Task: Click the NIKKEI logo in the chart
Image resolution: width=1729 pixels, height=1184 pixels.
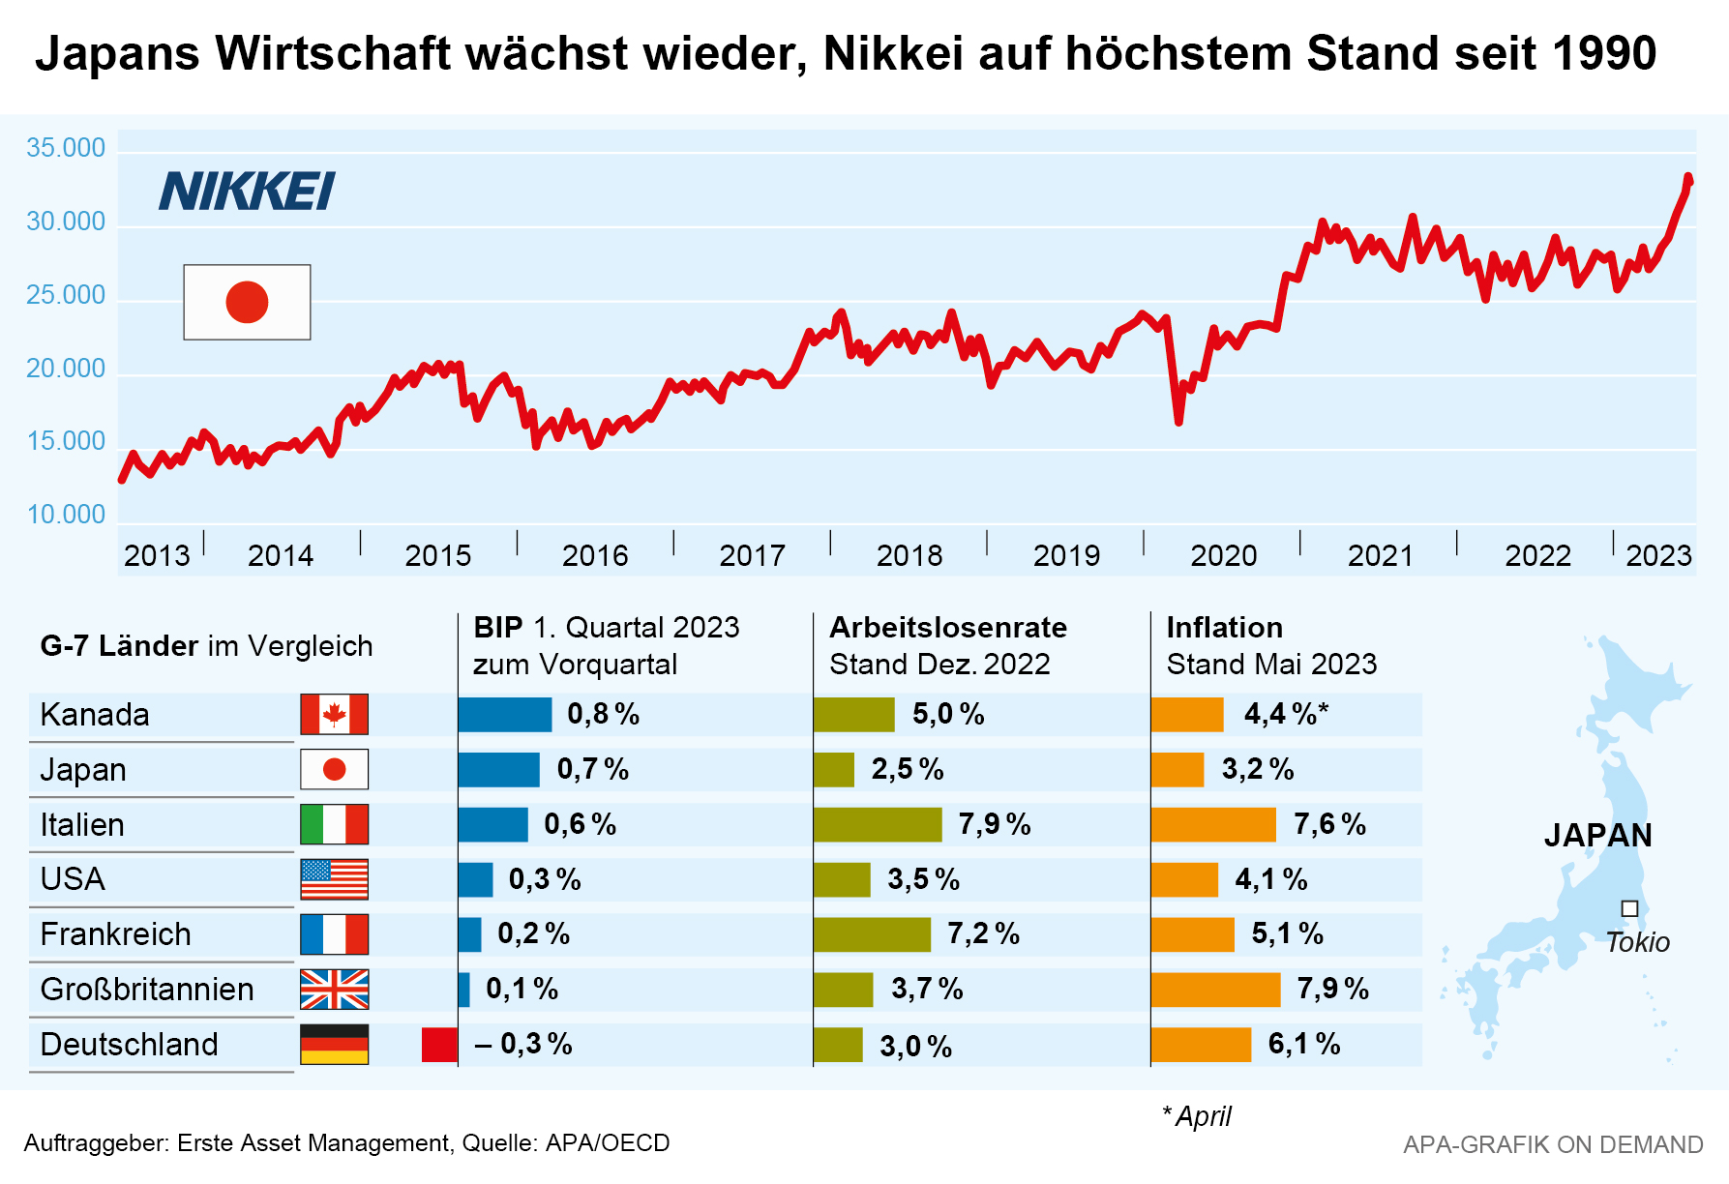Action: pyautogui.click(x=247, y=191)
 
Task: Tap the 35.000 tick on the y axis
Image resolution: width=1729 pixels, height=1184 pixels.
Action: pyautogui.click(x=66, y=148)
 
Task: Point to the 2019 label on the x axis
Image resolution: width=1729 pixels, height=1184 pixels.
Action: pyautogui.click(x=1066, y=555)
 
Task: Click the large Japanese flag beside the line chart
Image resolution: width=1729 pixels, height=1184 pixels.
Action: pyautogui.click(x=247, y=302)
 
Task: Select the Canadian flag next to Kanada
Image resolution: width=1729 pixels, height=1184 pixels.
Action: pyautogui.click(x=334, y=715)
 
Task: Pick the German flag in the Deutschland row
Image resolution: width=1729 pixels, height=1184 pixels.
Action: pyautogui.click(x=334, y=1045)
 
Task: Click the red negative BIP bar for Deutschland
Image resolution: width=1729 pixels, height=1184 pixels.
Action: pyautogui.click(x=439, y=1045)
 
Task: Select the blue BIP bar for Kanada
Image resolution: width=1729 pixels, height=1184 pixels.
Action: pyautogui.click(x=504, y=715)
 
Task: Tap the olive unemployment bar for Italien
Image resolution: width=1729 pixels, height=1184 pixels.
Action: pyautogui.click(x=878, y=824)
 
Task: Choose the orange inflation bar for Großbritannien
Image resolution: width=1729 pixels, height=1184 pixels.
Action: pyautogui.click(x=1215, y=990)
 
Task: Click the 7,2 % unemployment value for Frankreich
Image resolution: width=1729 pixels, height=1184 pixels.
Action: pyautogui.click(x=983, y=933)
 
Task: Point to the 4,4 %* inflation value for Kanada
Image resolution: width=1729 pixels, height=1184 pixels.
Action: pyautogui.click(x=1286, y=714)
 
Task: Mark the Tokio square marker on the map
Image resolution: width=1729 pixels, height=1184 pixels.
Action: pyautogui.click(x=1629, y=908)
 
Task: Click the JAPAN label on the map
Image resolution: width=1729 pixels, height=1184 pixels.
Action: pyautogui.click(x=1597, y=835)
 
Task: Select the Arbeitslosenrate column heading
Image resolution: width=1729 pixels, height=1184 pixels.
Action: pyautogui.click(x=947, y=628)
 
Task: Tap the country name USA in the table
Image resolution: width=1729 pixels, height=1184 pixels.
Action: pyautogui.click(x=73, y=879)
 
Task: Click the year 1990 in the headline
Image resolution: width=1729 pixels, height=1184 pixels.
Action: pyautogui.click(x=1603, y=53)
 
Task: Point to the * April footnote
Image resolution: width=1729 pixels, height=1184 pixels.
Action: pyautogui.click(x=1197, y=1116)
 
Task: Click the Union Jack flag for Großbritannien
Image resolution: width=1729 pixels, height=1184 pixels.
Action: pyautogui.click(x=334, y=990)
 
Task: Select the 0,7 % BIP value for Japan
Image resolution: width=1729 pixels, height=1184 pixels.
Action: pyautogui.click(x=592, y=769)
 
